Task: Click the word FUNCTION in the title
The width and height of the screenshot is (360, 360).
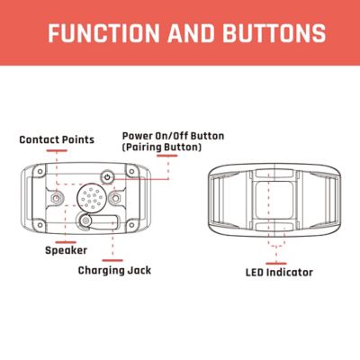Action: tap(103, 32)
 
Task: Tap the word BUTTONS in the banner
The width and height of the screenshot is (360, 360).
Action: tap(274, 32)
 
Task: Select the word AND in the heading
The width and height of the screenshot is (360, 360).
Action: tap(191, 32)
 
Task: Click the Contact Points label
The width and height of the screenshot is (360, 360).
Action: tap(57, 139)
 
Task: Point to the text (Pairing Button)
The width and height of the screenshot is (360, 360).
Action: tap(162, 147)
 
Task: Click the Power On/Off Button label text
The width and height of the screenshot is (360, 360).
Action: tap(173, 136)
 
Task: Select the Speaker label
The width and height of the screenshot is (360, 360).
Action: tap(66, 250)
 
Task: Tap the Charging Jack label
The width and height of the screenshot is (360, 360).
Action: tap(114, 270)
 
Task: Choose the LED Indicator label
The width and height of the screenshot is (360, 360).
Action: tap(279, 273)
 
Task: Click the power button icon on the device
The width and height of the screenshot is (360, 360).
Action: tap(108, 176)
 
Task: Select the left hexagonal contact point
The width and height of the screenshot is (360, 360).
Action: tap(56, 198)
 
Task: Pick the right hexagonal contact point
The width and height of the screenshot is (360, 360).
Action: tap(115, 198)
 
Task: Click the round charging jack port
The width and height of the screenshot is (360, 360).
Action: tap(86, 221)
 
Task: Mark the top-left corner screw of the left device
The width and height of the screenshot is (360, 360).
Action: tap(40, 171)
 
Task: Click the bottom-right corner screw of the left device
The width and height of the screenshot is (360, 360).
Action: tap(131, 225)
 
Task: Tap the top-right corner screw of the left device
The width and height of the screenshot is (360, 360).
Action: tap(131, 171)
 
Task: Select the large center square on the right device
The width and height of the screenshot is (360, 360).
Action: tap(274, 200)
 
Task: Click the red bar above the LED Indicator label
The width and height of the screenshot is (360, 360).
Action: tap(276, 264)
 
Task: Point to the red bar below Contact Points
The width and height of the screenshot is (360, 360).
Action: tap(57, 150)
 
